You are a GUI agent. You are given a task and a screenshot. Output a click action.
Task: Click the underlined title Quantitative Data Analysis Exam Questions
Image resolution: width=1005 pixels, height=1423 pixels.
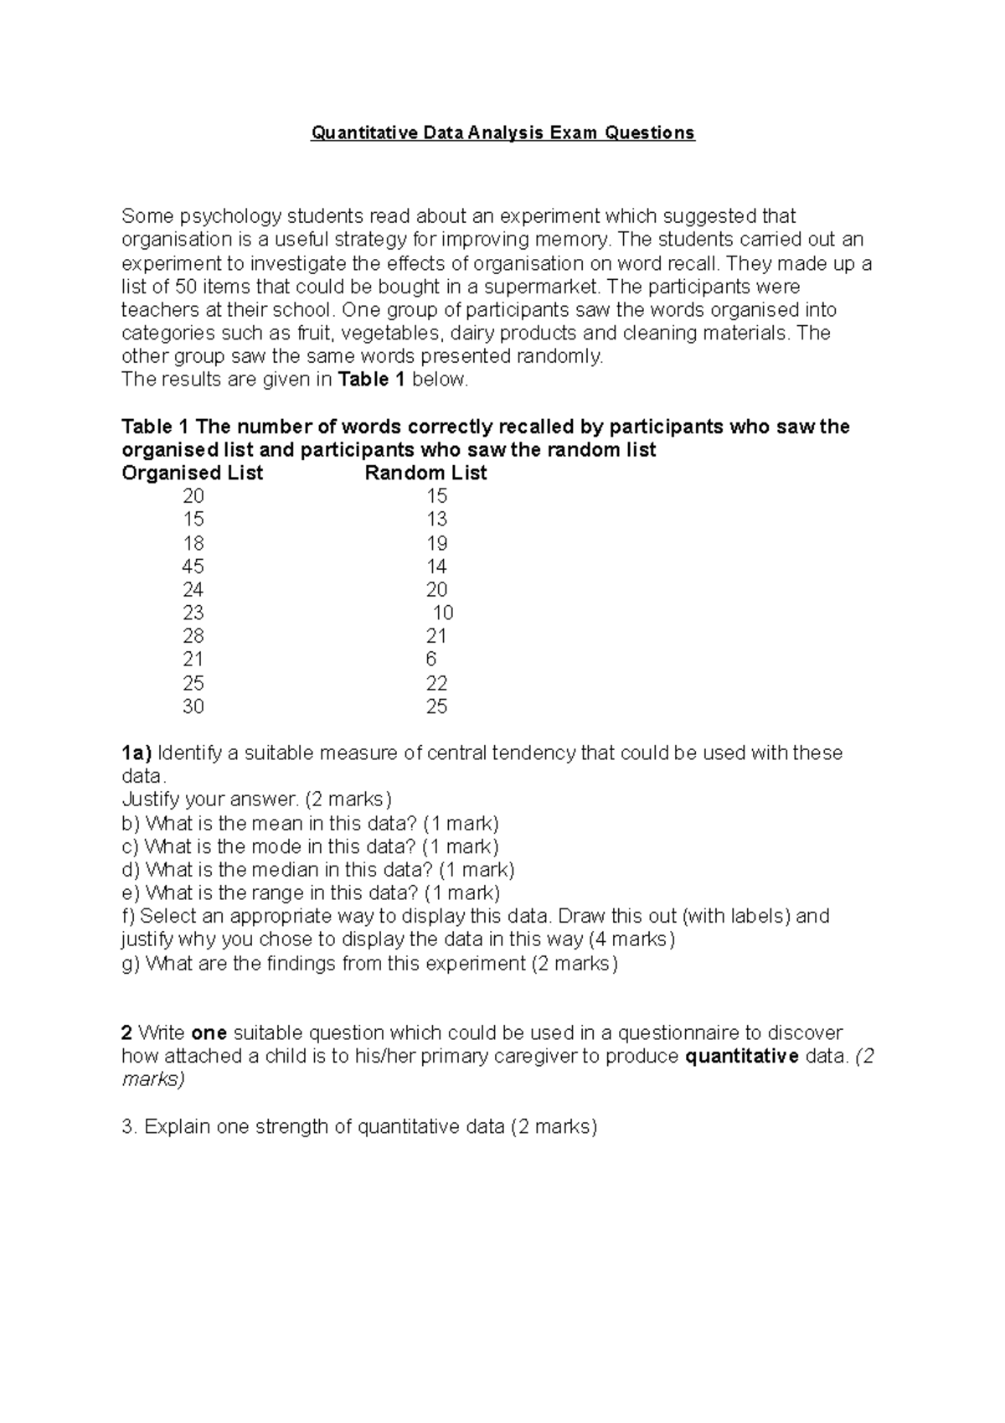tap(502, 132)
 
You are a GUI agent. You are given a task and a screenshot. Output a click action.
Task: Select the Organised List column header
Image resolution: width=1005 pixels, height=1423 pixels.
tap(193, 473)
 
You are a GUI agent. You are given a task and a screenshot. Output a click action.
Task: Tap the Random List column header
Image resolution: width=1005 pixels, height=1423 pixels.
tap(425, 473)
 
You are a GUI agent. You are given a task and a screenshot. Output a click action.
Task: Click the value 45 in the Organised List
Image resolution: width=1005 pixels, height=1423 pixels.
tap(193, 567)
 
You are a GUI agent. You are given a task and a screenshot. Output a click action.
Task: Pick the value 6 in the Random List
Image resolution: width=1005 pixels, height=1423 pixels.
tap(430, 660)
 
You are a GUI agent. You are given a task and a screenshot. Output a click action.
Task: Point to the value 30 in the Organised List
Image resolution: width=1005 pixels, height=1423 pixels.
tap(193, 706)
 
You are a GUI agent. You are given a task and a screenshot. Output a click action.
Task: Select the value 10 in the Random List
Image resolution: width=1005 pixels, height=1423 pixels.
tap(442, 613)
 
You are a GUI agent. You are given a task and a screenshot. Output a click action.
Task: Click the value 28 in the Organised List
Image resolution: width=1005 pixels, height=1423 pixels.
tap(193, 636)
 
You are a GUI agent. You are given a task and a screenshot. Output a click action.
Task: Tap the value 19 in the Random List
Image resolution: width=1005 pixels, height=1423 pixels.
tap(436, 543)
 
